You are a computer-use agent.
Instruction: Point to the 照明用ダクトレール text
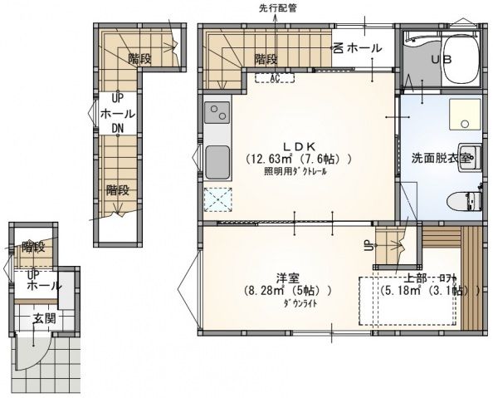point(295,172)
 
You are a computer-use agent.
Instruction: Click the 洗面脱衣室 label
point(442,156)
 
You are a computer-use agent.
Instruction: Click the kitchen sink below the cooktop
point(217,160)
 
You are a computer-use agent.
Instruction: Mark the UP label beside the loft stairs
point(367,246)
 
